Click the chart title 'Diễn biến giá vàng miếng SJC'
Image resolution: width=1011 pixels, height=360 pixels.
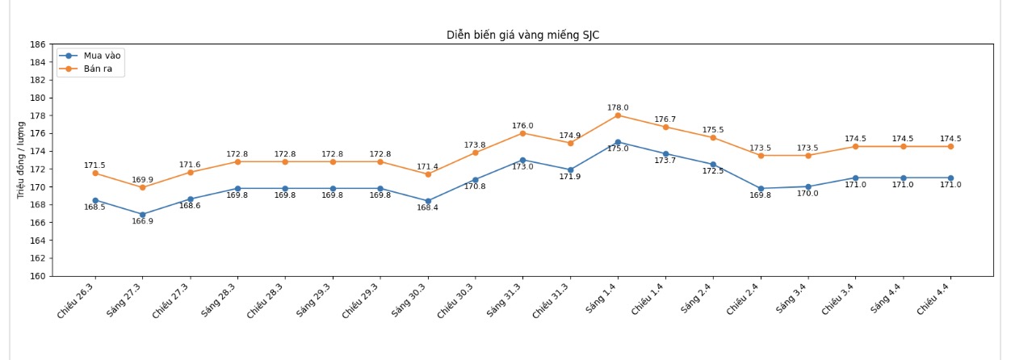[x=522, y=35]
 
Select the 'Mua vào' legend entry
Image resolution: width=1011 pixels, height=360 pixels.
[x=102, y=56]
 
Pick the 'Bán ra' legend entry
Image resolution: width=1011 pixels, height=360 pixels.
[x=98, y=69]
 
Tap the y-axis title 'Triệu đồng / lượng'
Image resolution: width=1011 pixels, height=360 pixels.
[x=22, y=160]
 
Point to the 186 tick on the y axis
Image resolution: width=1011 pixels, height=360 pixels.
[x=38, y=44]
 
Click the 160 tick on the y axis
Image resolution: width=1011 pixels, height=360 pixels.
[x=38, y=276]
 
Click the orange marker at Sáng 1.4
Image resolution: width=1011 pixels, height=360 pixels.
[x=618, y=115]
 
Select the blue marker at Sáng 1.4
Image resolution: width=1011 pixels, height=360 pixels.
[x=618, y=142]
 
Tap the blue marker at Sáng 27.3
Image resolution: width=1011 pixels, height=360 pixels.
[x=143, y=215]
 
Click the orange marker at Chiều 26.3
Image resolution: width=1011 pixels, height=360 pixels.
[x=95, y=174]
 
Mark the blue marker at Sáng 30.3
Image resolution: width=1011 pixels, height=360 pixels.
[x=428, y=201]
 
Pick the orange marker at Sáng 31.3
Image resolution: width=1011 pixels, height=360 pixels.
[x=522, y=133]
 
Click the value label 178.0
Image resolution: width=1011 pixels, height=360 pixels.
[x=618, y=107]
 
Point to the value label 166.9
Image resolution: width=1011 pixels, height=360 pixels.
[x=143, y=222]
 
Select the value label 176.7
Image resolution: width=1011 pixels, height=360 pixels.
[x=665, y=119]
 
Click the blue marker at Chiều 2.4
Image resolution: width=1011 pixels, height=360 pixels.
[x=761, y=189]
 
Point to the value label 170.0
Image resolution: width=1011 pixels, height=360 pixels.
[x=808, y=194]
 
